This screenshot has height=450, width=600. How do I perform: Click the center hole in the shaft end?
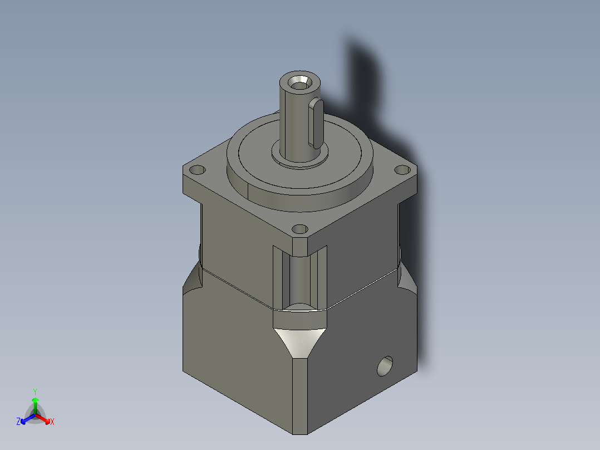(300, 82)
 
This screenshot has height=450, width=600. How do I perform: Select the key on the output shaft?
(316, 123)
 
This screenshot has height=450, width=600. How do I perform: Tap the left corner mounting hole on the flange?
(198, 170)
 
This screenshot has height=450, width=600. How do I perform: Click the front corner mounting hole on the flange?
(300, 229)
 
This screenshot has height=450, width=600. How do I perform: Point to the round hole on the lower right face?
(385, 366)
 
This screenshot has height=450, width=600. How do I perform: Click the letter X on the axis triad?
(52, 422)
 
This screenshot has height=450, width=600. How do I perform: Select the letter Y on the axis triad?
(35, 392)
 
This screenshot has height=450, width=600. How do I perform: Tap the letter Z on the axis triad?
(18, 422)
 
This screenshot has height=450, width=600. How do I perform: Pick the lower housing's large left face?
(234, 345)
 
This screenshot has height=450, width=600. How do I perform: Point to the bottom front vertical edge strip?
(299, 395)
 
